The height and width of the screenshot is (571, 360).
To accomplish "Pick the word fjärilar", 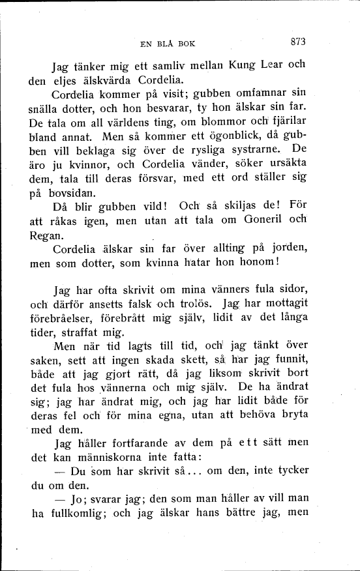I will pyautogui.click(x=287, y=122).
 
